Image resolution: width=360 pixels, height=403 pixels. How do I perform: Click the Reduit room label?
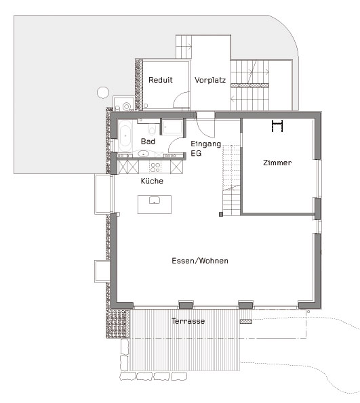[160, 80]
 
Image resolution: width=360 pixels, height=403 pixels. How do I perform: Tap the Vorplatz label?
[209, 80]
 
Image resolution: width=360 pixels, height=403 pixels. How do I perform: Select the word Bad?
[148, 142]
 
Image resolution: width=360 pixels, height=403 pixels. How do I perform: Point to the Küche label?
[152, 181]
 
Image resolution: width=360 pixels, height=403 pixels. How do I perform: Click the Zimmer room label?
[277, 163]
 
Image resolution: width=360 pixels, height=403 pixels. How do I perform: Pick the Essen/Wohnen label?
[199, 261]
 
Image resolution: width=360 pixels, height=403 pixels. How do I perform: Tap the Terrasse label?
[188, 321]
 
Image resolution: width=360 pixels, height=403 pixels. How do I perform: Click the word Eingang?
[205, 144]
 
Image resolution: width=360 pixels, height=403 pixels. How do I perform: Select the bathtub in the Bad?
[126, 136]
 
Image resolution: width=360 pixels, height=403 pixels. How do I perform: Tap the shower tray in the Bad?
[172, 127]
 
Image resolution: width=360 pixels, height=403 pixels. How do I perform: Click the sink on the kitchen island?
[155, 201]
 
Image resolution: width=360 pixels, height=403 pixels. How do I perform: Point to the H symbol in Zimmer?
[277, 125]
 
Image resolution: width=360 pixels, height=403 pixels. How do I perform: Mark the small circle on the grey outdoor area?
[103, 92]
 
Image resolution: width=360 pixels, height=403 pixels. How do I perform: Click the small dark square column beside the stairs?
[220, 215]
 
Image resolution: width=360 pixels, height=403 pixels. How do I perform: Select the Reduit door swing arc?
[181, 100]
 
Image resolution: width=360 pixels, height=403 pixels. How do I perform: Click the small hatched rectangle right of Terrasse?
[245, 321]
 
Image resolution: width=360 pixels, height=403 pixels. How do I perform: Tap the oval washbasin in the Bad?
[143, 154]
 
